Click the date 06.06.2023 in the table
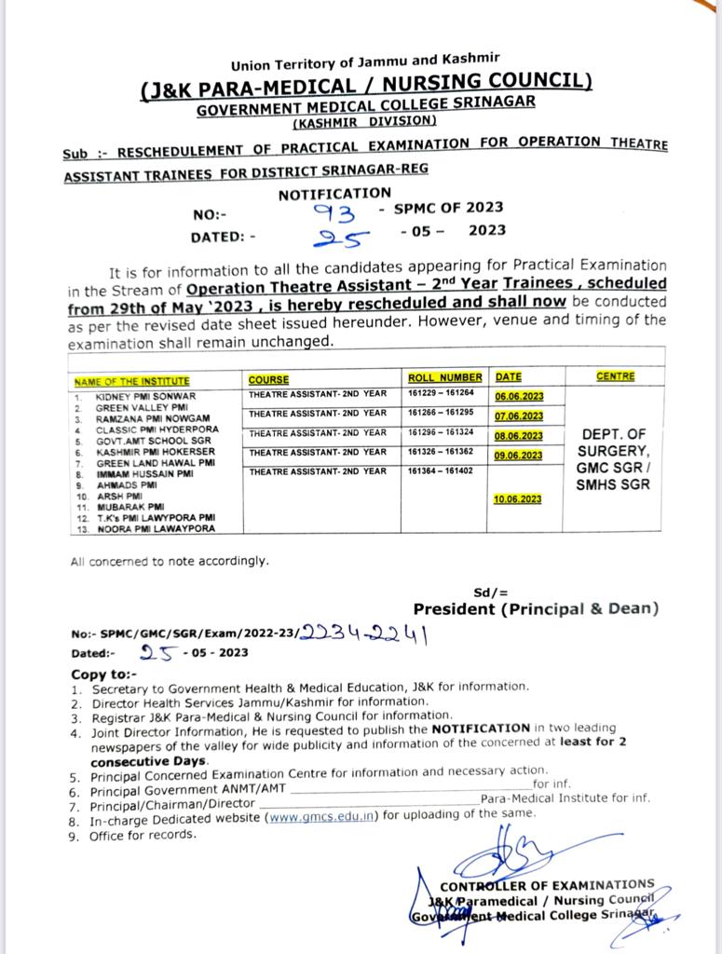coord(519,397)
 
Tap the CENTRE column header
coord(615,376)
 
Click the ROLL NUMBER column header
coord(445,378)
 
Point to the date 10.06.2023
coord(519,499)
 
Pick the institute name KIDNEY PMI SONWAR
coord(145,397)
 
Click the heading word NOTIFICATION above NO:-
coord(334,194)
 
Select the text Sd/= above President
coord(491,592)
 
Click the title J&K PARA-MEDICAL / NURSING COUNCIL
coord(366,86)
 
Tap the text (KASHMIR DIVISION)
coord(364,121)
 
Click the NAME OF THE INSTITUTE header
coord(131,380)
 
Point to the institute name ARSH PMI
coord(122,497)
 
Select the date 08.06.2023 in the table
coord(519,436)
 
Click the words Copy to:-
coord(103,674)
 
